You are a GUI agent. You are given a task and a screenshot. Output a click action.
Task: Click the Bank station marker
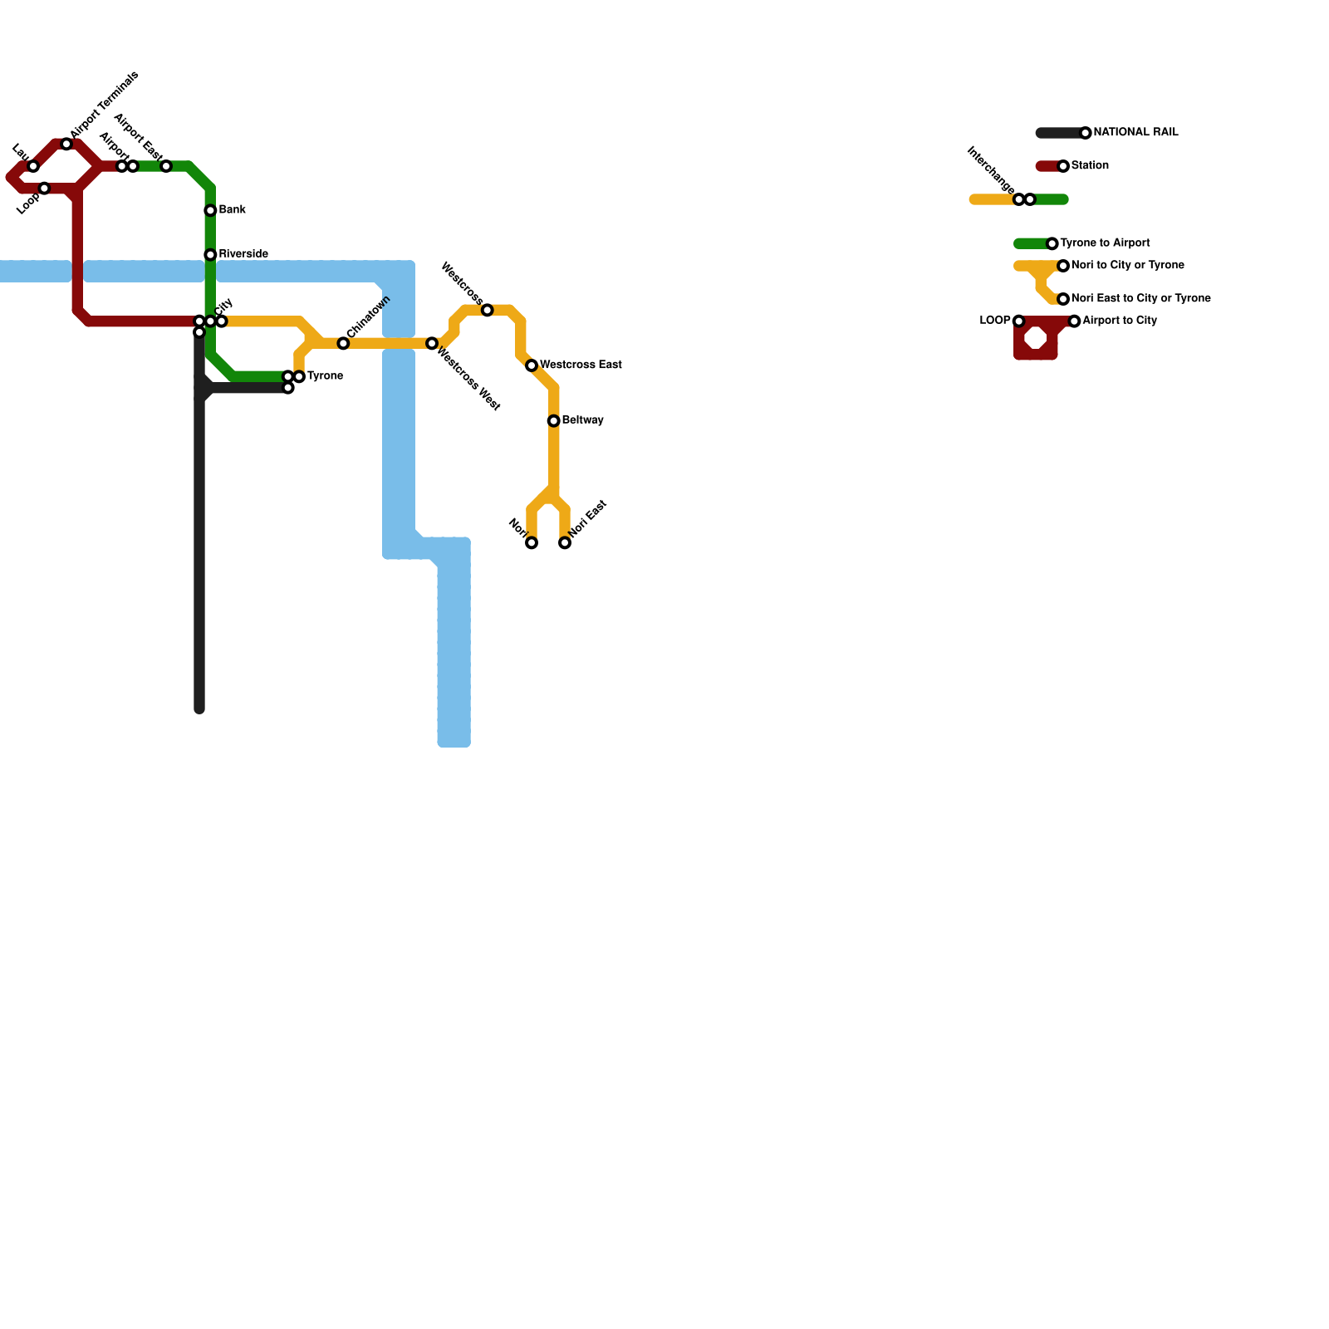tap(210, 211)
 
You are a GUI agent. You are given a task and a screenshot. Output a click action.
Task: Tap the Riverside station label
tap(243, 254)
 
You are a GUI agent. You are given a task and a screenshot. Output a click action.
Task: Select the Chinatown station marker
tap(343, 344)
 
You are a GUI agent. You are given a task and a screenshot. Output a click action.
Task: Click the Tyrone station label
tap(325, 376)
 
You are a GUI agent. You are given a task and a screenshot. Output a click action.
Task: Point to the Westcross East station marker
tap(532, 365)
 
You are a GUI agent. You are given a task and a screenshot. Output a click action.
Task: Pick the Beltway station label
tap(582, 420)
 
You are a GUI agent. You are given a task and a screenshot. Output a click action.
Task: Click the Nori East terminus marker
tap(565, 543)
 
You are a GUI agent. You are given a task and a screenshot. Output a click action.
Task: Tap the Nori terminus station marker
tap(532, 543)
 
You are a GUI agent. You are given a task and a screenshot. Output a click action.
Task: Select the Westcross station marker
tap(488, 311)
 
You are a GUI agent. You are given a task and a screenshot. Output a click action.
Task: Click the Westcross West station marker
tap(432, 344)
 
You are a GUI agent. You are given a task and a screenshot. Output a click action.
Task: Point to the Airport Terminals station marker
tap(66, 145)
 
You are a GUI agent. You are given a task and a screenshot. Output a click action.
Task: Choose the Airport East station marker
tap(166, 167)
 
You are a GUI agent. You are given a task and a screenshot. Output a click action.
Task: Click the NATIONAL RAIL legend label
tap(1135, 133)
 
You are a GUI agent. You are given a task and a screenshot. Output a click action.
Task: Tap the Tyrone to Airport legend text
tap(1105, 243)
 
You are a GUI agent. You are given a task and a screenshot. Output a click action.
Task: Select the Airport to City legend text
tap(1120, 321)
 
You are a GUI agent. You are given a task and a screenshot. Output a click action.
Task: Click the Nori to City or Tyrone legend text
tap(1127, 266)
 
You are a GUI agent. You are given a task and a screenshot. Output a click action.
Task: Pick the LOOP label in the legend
tap(995, 321)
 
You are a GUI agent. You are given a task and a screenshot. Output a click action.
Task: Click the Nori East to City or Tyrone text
tap(1140, 299)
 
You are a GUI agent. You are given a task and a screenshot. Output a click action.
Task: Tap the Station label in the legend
tap(1090, 166)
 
